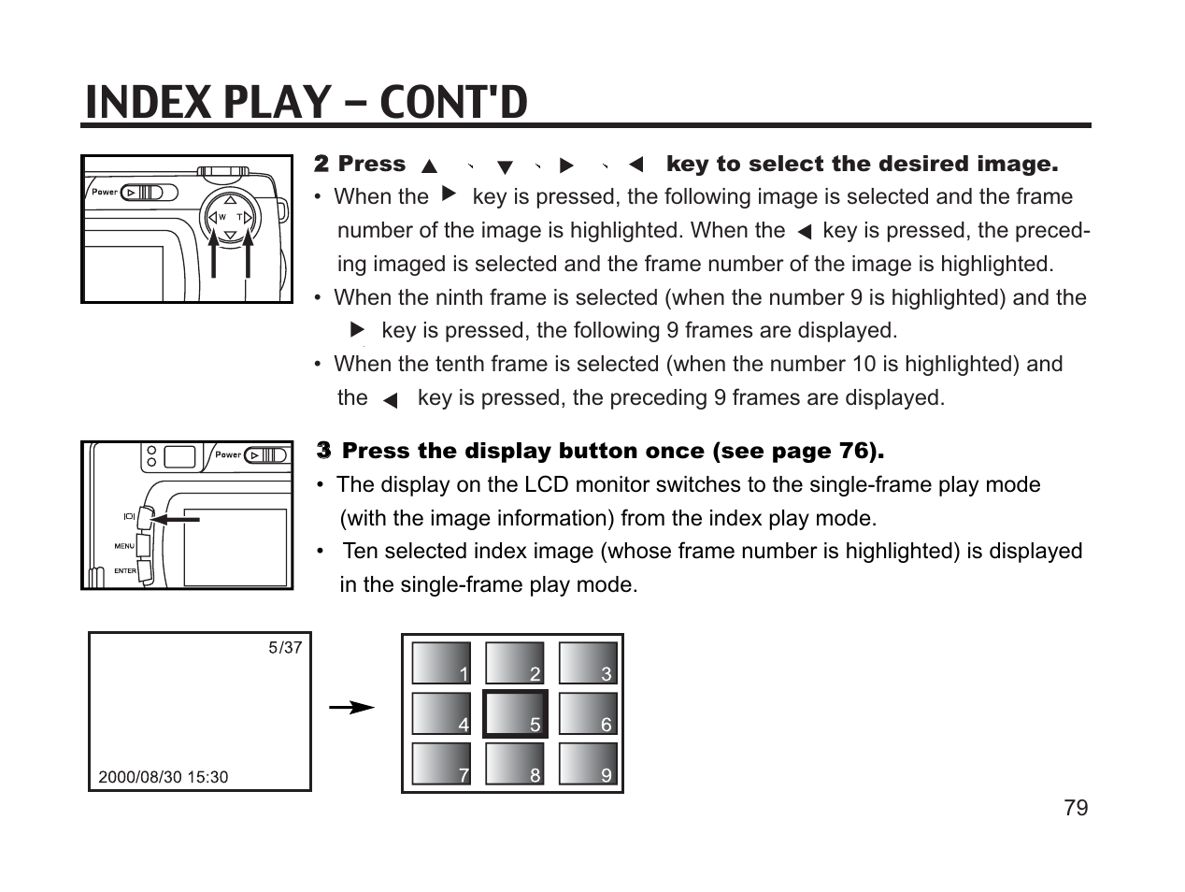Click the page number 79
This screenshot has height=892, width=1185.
tap(1076, 808)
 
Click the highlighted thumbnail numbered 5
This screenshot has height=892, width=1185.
tap(515, 714)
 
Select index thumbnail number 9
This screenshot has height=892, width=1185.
tap(588, 764)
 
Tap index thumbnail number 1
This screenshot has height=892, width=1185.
tap(441, 663)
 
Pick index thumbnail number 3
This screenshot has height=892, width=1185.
tap(588, 663)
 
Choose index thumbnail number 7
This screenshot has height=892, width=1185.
tap(441, 764)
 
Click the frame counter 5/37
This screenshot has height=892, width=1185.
tap(285, 647)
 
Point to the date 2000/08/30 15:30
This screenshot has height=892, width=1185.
tap(164, 777)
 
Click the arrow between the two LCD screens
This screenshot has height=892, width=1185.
tap(352, 709)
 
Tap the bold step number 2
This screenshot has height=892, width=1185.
tap(321, 164)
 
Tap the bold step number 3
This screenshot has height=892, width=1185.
tap(323, 451)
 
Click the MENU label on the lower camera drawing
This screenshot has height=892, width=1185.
tap(124, 546)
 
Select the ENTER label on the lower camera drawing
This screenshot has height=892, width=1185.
tap(125, 571)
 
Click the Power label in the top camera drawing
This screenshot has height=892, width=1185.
tap(105, 192)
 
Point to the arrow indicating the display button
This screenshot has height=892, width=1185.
tap(176, 518)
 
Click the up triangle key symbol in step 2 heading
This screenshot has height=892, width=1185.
tap(429, 167)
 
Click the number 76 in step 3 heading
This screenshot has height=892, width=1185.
tap(854, 451)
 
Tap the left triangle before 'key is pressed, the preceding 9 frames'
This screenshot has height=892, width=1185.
tap(391, 400)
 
